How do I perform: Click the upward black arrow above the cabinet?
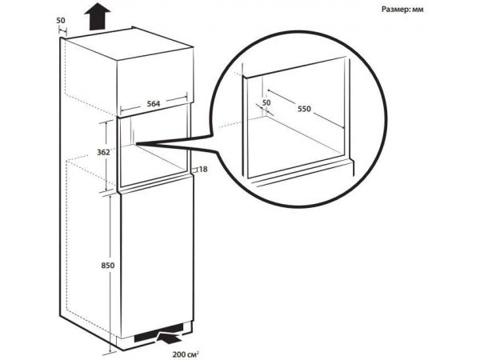click(98, 17)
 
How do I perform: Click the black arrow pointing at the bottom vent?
click(169, 338)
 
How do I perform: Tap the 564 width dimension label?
click(154, 104)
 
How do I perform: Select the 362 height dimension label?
click(103, 152)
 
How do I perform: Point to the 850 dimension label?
click(108, 265)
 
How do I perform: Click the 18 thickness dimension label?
click(203, 169)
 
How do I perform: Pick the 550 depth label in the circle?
click(304, 109)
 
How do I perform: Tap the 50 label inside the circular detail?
click(266, 103)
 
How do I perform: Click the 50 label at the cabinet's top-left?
click(61, 21)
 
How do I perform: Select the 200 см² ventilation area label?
click(186, 354)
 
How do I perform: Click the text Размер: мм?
click(402, 10)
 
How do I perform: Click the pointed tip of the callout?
click(137, 143)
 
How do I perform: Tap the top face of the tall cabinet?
click(130, 43)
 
